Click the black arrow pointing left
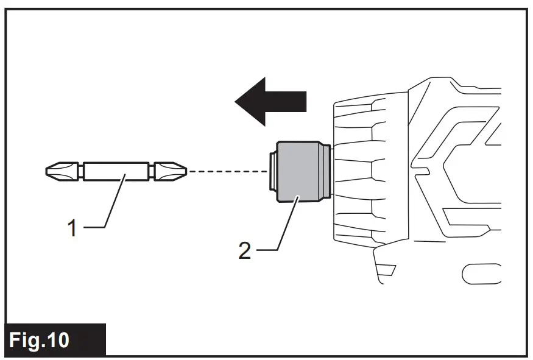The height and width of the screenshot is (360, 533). coord(271,101)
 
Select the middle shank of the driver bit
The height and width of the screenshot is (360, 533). coord(116,172)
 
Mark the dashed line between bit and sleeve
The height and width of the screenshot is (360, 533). coord(228,172)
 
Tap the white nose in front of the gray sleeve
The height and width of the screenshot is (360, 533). coord(273,172)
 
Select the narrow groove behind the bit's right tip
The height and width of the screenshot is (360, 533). coord(151,172)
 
